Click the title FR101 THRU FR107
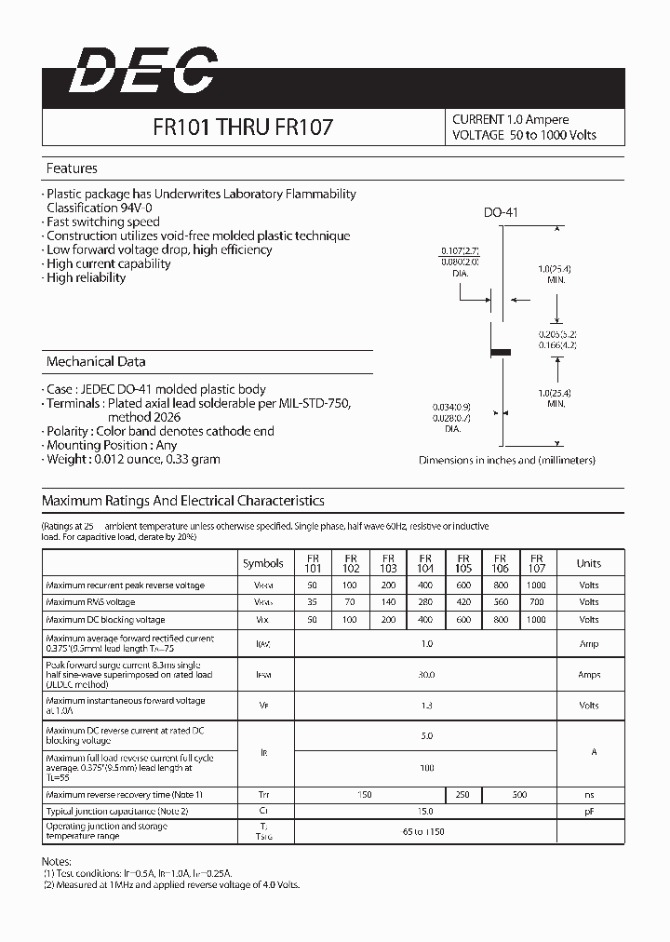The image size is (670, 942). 243,128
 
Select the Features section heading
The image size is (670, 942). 72,168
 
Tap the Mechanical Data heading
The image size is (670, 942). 96,361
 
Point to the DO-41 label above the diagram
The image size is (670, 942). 501,212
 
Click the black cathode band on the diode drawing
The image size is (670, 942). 501,352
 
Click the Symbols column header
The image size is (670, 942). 263,563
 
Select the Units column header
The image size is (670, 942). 588,563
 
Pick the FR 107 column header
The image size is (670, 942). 537,562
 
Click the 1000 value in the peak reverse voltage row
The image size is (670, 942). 536,585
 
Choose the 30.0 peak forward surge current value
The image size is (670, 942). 426,675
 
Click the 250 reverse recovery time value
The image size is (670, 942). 462,795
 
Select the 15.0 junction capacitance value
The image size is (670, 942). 426,812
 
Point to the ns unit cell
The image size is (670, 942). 588,795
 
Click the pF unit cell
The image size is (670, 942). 588,812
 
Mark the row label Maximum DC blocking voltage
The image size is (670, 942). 105,620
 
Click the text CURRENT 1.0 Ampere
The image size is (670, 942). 510,119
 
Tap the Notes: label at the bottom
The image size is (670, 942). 57,862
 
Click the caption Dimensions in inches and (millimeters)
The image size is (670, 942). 506,460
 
